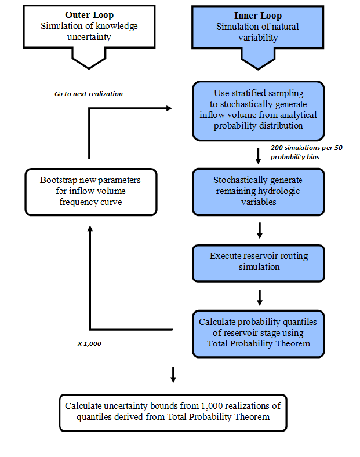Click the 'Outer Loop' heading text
(89, 15)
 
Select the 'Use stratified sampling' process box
(258, 110)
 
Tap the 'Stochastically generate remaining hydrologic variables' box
(258, 191)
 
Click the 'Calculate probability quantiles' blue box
(258, 333)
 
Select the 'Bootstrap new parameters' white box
(90, 192)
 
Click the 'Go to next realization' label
(89, 94)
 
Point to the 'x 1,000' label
(89, 343)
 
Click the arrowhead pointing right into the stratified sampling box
(169, 108)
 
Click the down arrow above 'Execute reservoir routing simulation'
(259, 231)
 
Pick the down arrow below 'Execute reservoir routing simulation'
(259, 297)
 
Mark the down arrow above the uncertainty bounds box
(173, 374)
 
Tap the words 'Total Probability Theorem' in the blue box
(259, 344)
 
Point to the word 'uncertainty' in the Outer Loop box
(89, 38)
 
